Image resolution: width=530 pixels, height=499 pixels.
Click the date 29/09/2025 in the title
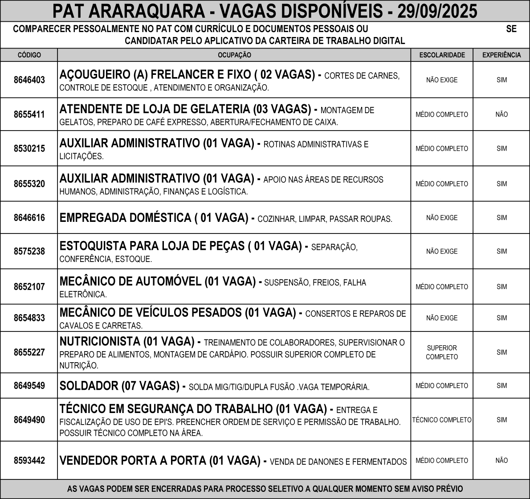coord(437,11)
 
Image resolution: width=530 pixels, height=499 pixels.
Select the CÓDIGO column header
coord(29,55)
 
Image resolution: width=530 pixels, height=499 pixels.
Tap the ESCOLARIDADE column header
coord(442,55)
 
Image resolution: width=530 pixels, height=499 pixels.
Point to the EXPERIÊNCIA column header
coord(501,55)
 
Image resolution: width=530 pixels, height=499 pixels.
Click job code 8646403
coord(29,80)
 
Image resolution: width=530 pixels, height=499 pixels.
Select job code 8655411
coord(29,115)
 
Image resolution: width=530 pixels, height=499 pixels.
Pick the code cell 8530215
coord(29,149)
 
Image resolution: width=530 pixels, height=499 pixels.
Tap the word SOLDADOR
coord(89,386)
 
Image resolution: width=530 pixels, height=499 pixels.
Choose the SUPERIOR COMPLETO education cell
coord(442,352)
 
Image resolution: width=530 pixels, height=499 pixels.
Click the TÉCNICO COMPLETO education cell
coord(442,420)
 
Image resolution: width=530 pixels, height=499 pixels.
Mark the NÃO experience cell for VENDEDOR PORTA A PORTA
coord(501,461)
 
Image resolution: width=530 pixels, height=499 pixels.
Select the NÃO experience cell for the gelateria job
coord(501,115)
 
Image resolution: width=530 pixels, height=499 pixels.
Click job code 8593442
coord(29,461)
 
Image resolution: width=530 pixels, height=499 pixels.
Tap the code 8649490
coord(29,420)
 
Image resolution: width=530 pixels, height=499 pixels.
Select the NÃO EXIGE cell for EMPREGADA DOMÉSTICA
coord(442,218)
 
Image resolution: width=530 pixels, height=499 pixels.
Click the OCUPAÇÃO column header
coord(234,55)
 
